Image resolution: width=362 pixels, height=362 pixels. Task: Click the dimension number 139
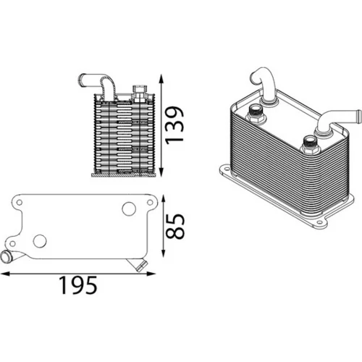click(x=175, y=125)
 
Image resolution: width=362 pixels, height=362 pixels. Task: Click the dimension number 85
click(x=175, y=226)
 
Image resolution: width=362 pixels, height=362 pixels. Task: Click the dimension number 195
click(x=78, y=285)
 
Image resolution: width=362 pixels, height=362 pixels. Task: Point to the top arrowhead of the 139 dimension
click(x=161, y=79)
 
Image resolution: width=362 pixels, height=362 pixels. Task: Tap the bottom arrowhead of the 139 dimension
click(x=161, y=172)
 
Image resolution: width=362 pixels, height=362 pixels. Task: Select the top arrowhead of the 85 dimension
click(x=164, y=200)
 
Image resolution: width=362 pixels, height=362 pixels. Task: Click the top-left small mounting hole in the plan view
click(x=20, y=202)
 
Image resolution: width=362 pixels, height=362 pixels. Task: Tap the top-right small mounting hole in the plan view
click(x=150, y=202)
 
